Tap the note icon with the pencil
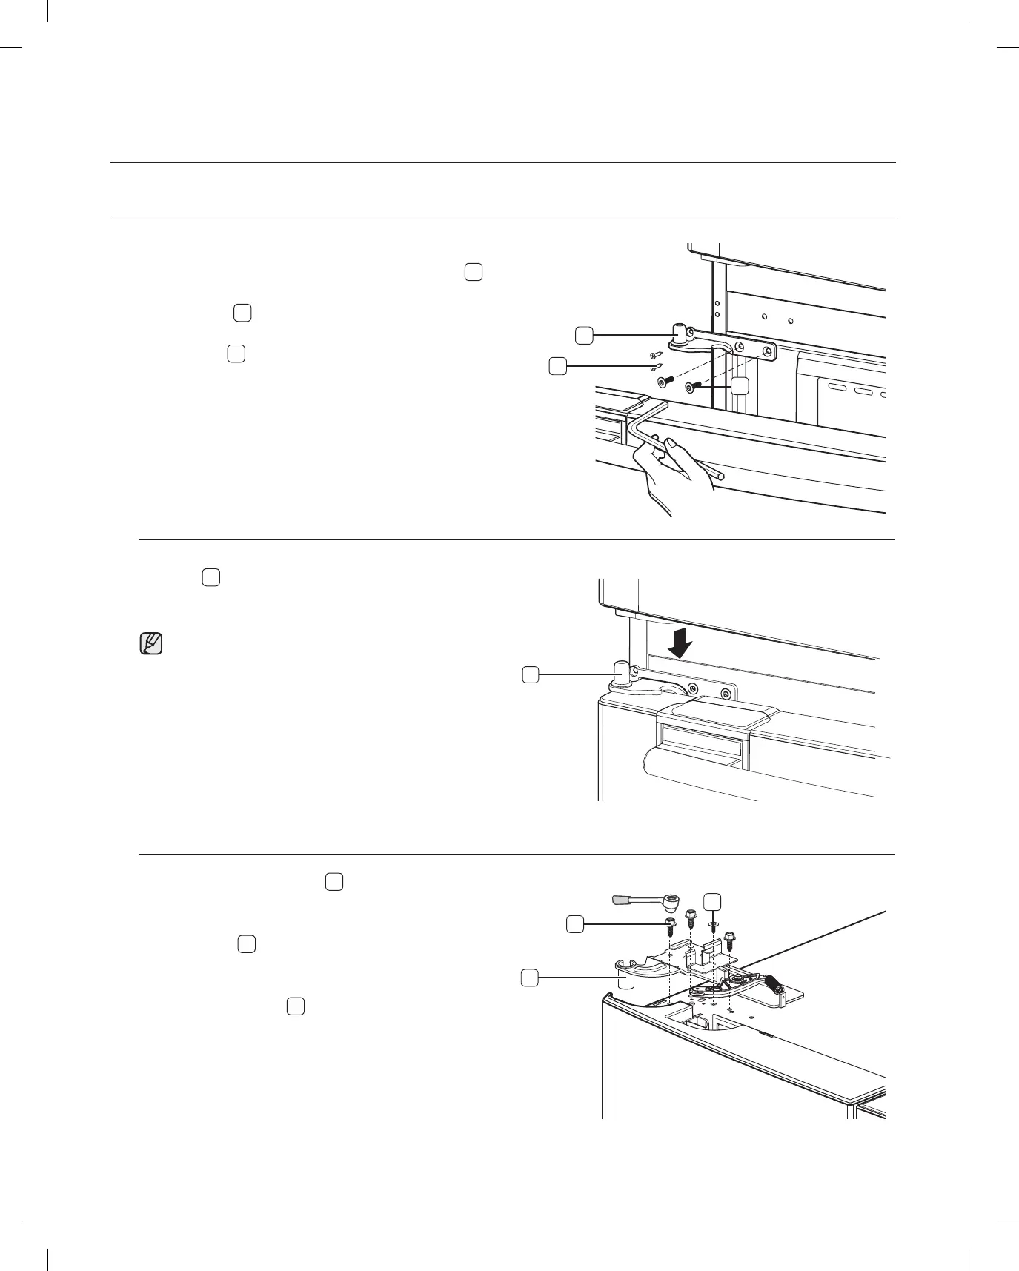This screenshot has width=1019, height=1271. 150,643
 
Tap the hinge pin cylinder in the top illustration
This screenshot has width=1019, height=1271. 680,331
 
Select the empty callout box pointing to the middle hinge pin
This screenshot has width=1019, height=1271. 530,674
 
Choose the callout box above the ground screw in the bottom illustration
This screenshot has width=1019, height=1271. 712,900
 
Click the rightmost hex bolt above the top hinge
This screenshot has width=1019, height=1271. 729,939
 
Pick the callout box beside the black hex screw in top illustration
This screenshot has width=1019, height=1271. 739,385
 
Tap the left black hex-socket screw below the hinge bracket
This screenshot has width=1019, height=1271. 664,381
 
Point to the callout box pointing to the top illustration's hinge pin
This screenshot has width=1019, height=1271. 584,336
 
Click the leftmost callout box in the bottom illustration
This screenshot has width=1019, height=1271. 528,979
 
